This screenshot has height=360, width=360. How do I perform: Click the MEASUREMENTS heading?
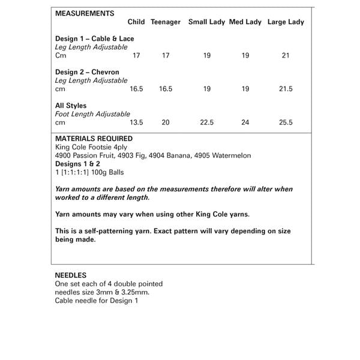point(85,13)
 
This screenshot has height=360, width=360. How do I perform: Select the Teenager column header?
point(166,22)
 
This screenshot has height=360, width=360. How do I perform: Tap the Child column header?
point(136,22)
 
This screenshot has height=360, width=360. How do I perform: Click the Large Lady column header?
point(286,22)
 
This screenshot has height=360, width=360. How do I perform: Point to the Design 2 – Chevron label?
point(87,72)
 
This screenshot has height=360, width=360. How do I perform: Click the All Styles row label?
point(71,106)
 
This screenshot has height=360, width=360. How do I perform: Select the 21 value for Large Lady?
point(286,55)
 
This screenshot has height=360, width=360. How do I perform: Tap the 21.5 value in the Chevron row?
point(286,89)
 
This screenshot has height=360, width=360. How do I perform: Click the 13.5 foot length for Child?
point(136,122)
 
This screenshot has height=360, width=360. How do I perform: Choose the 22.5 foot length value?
point(206,122)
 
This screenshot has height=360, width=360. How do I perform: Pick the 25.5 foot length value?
point(286,122)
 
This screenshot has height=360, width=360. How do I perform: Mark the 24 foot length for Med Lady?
point(245,122)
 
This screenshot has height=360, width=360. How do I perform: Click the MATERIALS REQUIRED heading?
point(94,139)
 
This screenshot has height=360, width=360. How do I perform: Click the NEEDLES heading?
point(71,275)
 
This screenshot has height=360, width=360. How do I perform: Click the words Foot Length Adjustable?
point(92,114)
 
